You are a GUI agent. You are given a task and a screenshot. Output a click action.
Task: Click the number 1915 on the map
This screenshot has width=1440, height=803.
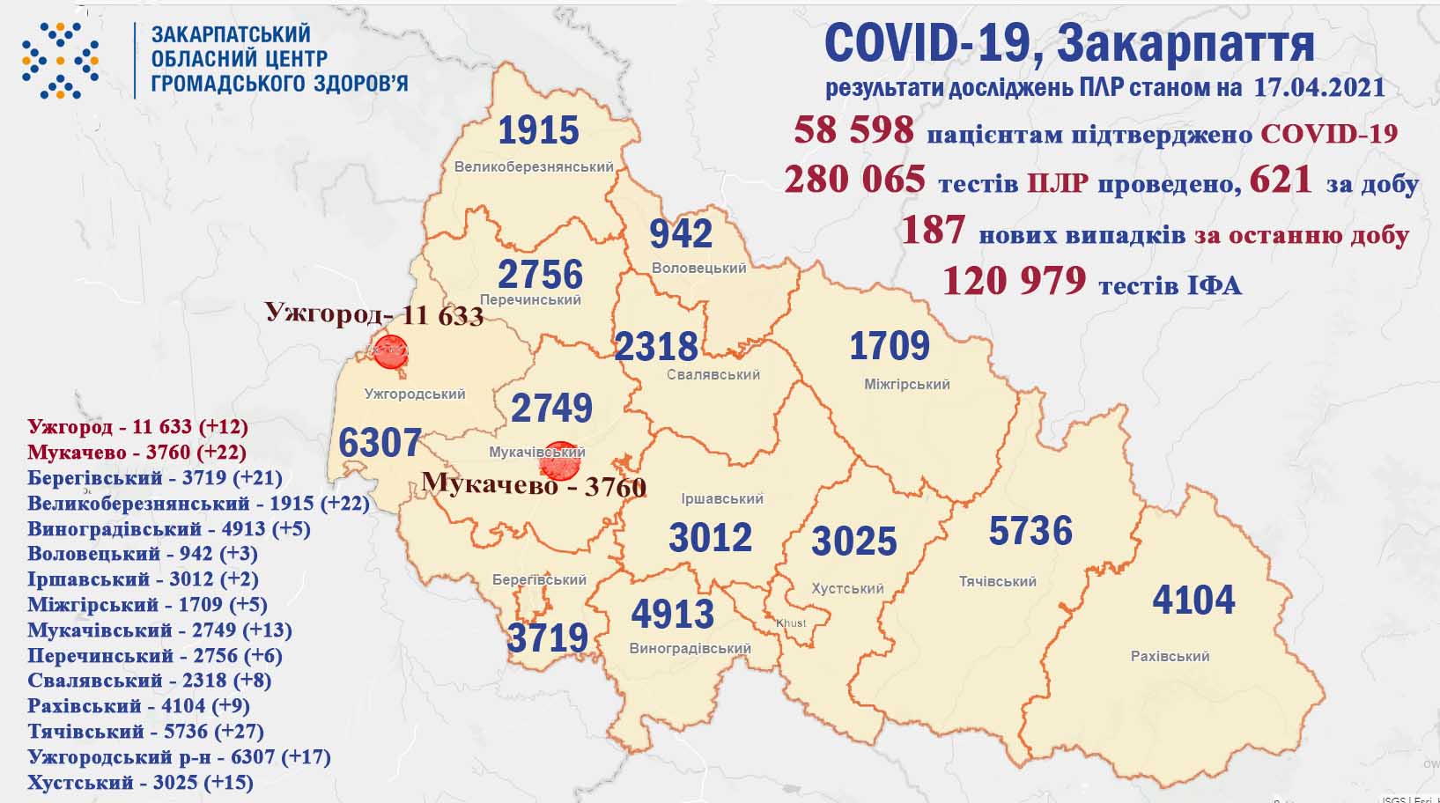pyautogui.click(x=538, y=131)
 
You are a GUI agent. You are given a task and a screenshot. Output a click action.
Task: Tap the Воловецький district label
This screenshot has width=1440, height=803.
pyautogui.click(x=698, y=268)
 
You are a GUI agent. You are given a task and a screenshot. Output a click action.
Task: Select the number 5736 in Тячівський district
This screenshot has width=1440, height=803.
pyautogui.click(x=1030, y=532)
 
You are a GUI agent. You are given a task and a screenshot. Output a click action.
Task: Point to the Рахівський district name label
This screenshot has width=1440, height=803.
pyautogui.click(x=1170, y=656)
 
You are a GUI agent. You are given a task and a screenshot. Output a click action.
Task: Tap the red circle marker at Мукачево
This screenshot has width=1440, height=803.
pyautogui.click(x=559, y=461)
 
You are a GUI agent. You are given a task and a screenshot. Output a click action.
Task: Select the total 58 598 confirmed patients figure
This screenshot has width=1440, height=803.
pyautogui.click(x=853, y=130)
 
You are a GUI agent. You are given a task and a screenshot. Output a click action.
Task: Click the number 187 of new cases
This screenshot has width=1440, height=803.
pyautogui.click(x=933, y=231)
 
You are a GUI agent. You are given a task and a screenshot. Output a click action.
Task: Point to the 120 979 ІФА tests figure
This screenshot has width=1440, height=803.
pyautogui.click(x=1014, y=281)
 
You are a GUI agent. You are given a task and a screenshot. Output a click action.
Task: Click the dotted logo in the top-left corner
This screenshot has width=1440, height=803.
pyautogui.click(x=60, y=60)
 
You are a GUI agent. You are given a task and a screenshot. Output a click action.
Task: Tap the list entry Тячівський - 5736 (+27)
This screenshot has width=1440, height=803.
pyautogui.click(x=145, y=731)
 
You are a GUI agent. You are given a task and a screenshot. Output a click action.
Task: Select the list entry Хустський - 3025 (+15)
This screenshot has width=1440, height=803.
pyautogui.click(x=140, y=782)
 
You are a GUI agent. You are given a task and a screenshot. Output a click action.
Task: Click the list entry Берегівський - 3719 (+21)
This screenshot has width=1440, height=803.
pyautogui.click(x=154, y=477)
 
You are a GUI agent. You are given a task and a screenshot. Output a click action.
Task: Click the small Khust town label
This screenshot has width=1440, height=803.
pyautogui.click(x=791, y=623)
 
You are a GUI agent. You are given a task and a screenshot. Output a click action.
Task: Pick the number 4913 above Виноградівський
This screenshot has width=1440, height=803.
pyautogui.click(x=672, y=614)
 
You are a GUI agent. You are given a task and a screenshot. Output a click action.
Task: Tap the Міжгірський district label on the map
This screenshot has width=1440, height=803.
pyautogui.click(x=906, y=384)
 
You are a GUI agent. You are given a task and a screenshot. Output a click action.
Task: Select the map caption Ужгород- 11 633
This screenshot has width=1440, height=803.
pyautogui.click(x=374, y=313)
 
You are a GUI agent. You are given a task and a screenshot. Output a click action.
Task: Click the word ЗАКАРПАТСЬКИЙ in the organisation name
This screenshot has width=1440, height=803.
pyautogui.click(x=231, y=33)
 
